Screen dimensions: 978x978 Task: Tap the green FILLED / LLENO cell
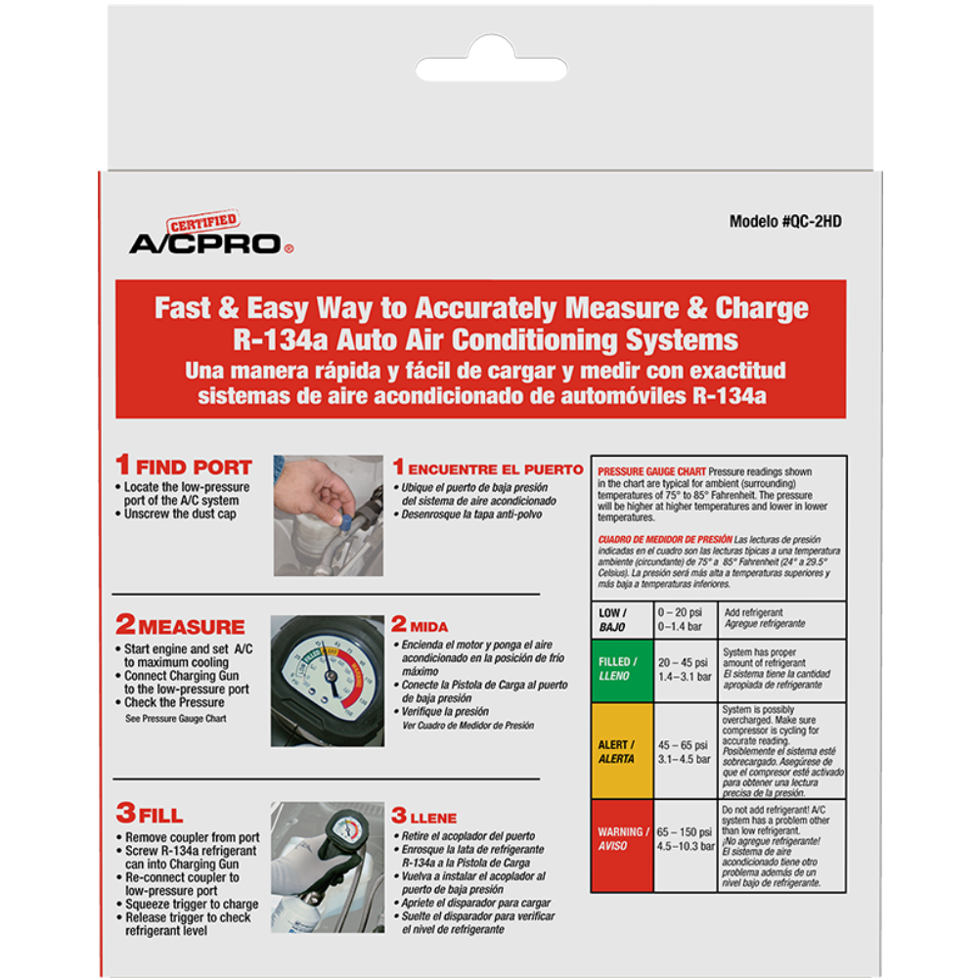[x=622, y=671]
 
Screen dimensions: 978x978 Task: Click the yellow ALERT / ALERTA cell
[x=622, y=751]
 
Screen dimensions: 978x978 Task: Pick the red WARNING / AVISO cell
[x=622, y=846]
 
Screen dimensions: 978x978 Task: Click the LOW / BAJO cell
[x=622, y=620]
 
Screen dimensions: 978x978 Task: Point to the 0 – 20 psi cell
[x=686, y=620]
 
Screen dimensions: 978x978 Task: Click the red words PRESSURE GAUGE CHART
[x=651, y=471]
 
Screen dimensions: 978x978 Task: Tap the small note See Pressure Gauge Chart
[x=176, y=719]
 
